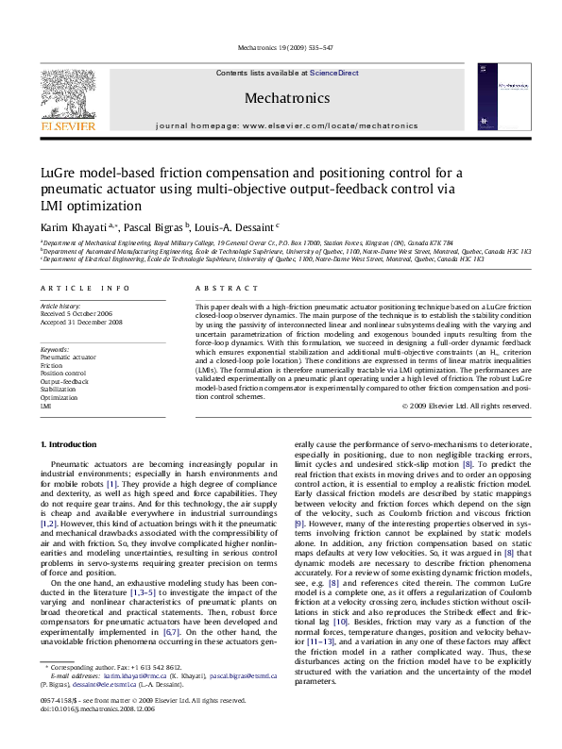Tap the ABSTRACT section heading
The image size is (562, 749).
click(x=219, y=286)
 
